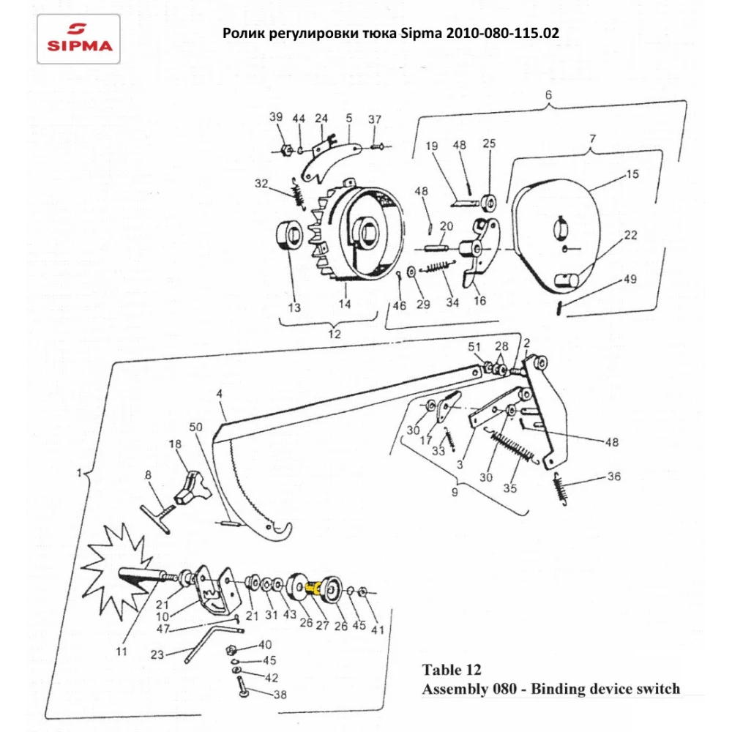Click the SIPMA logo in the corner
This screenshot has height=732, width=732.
tap(80, 38)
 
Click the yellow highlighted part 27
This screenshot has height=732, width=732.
tap(315, 586)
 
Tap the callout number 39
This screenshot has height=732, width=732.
tap(275, 118)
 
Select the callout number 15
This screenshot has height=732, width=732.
tap(632, 174)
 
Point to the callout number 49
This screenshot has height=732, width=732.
tap(630, 280)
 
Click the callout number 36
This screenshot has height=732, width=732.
tap(613, 477)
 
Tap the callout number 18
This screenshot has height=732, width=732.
tap(174, 444)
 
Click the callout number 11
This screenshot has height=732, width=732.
tap(122, 651)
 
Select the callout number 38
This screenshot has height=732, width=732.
tap(280, 695)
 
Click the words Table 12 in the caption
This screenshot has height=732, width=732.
tap(452, 670)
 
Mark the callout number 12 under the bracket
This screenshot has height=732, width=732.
tap(334, 333)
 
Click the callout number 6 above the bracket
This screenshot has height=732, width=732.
tap(548, 94)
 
